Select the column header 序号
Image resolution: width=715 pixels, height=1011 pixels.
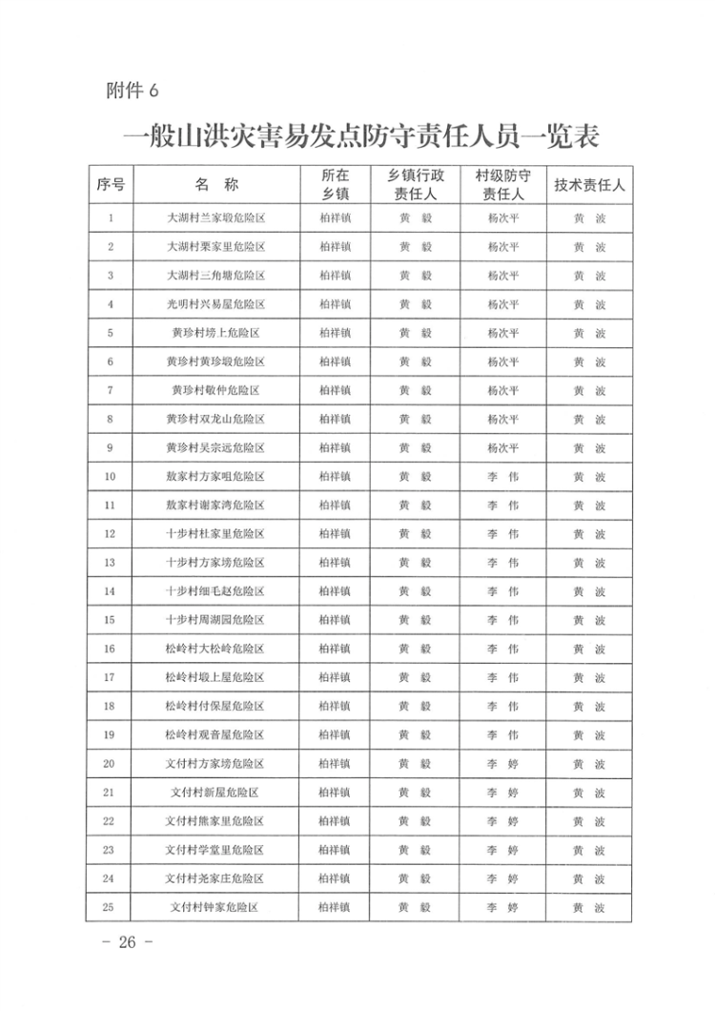point(111,184)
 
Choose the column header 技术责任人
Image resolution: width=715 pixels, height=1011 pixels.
point(589,184)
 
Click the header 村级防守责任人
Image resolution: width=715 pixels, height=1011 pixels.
point(502,184)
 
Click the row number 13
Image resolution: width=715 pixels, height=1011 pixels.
point(111,563)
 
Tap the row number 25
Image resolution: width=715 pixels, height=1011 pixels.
point(111,907)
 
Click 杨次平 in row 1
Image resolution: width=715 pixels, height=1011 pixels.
point(502,218)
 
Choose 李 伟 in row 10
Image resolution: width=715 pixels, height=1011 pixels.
point(502,476)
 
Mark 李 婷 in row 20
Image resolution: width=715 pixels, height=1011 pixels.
point(502,763)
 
